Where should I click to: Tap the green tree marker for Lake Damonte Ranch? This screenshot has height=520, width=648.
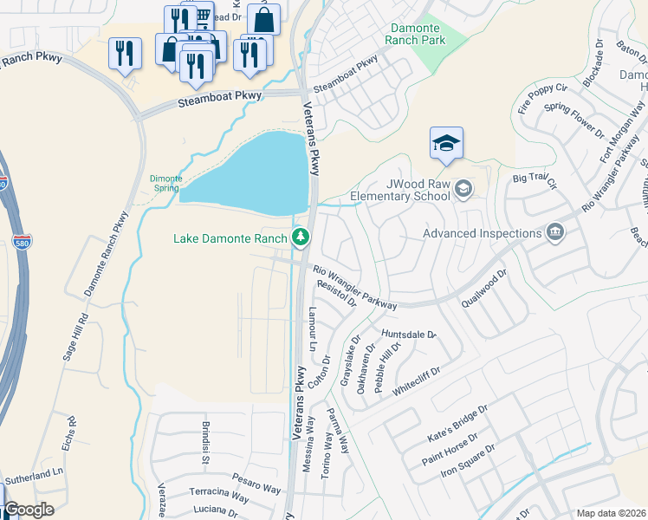(301, 237)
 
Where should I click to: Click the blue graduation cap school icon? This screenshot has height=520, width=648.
(446, 143)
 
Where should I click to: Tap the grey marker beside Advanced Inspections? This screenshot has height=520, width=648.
(555, 231)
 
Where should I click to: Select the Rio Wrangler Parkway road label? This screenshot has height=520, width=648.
(354, 288)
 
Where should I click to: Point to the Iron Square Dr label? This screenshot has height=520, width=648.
(467, 461)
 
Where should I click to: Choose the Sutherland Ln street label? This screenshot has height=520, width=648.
(35, 475)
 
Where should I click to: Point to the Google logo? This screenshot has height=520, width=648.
(29, 510)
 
